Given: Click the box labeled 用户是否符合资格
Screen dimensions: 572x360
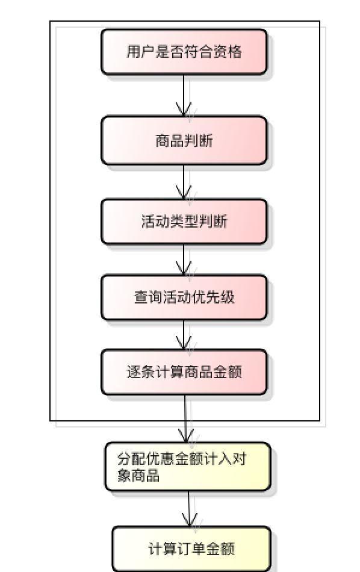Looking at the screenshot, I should point(184,52).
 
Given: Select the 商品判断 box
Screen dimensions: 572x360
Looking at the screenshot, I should point(184,140).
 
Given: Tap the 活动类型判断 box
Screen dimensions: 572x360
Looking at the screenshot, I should point(184,222).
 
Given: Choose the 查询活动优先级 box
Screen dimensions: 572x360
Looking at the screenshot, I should point(184,297).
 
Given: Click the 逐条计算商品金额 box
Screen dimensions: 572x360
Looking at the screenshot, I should point(184,372).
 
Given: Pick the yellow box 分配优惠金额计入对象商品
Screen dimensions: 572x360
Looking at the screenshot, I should point(188,467).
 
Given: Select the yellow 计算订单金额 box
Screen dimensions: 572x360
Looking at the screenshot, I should point(191,549).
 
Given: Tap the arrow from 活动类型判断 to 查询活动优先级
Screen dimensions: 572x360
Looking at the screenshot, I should point(184,260).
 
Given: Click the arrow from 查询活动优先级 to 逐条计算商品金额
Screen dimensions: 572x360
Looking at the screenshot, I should point(184,335).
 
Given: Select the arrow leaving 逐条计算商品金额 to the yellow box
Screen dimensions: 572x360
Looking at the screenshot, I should point(187,418).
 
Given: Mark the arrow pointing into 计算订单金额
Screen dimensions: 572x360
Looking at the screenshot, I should point(189,509).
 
